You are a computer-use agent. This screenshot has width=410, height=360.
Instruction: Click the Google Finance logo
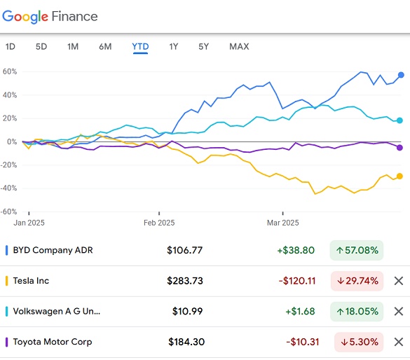tap(50, 16)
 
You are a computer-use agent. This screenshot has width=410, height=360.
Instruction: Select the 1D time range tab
tap(11, 47)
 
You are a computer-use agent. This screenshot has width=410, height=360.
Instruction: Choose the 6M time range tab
tap(105, 47)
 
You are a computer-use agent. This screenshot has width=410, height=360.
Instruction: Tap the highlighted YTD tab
tap(140, 47)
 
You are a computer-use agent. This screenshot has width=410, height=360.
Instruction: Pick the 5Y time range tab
tap(203, 47)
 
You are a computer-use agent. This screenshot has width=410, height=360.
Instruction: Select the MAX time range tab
tap(239, 47)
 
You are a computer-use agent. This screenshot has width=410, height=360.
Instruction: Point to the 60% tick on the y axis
tap(9, 71)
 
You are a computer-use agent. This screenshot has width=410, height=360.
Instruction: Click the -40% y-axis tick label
tap(9, 188)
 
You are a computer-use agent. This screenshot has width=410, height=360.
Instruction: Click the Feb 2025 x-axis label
tap(159, 223)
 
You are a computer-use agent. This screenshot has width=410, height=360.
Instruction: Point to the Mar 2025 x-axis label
tap(282, 223)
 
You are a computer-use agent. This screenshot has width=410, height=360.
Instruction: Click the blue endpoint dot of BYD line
tap(401, 75)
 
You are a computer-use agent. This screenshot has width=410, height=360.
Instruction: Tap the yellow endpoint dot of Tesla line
tap(399, 176)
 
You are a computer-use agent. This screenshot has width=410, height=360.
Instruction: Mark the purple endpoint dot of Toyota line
tap(399, 147)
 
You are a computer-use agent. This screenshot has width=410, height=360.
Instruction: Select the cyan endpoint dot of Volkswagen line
tap(399, 120)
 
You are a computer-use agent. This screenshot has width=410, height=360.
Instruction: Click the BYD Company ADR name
tap(53, 250)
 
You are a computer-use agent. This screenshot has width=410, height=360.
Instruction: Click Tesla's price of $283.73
tap(185, 281)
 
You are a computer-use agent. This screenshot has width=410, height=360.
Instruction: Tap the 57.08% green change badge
tap(357, 250)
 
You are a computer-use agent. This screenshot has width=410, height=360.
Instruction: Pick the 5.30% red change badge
tap(357, 342)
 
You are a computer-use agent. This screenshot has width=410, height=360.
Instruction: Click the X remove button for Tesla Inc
tap(399, 281)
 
